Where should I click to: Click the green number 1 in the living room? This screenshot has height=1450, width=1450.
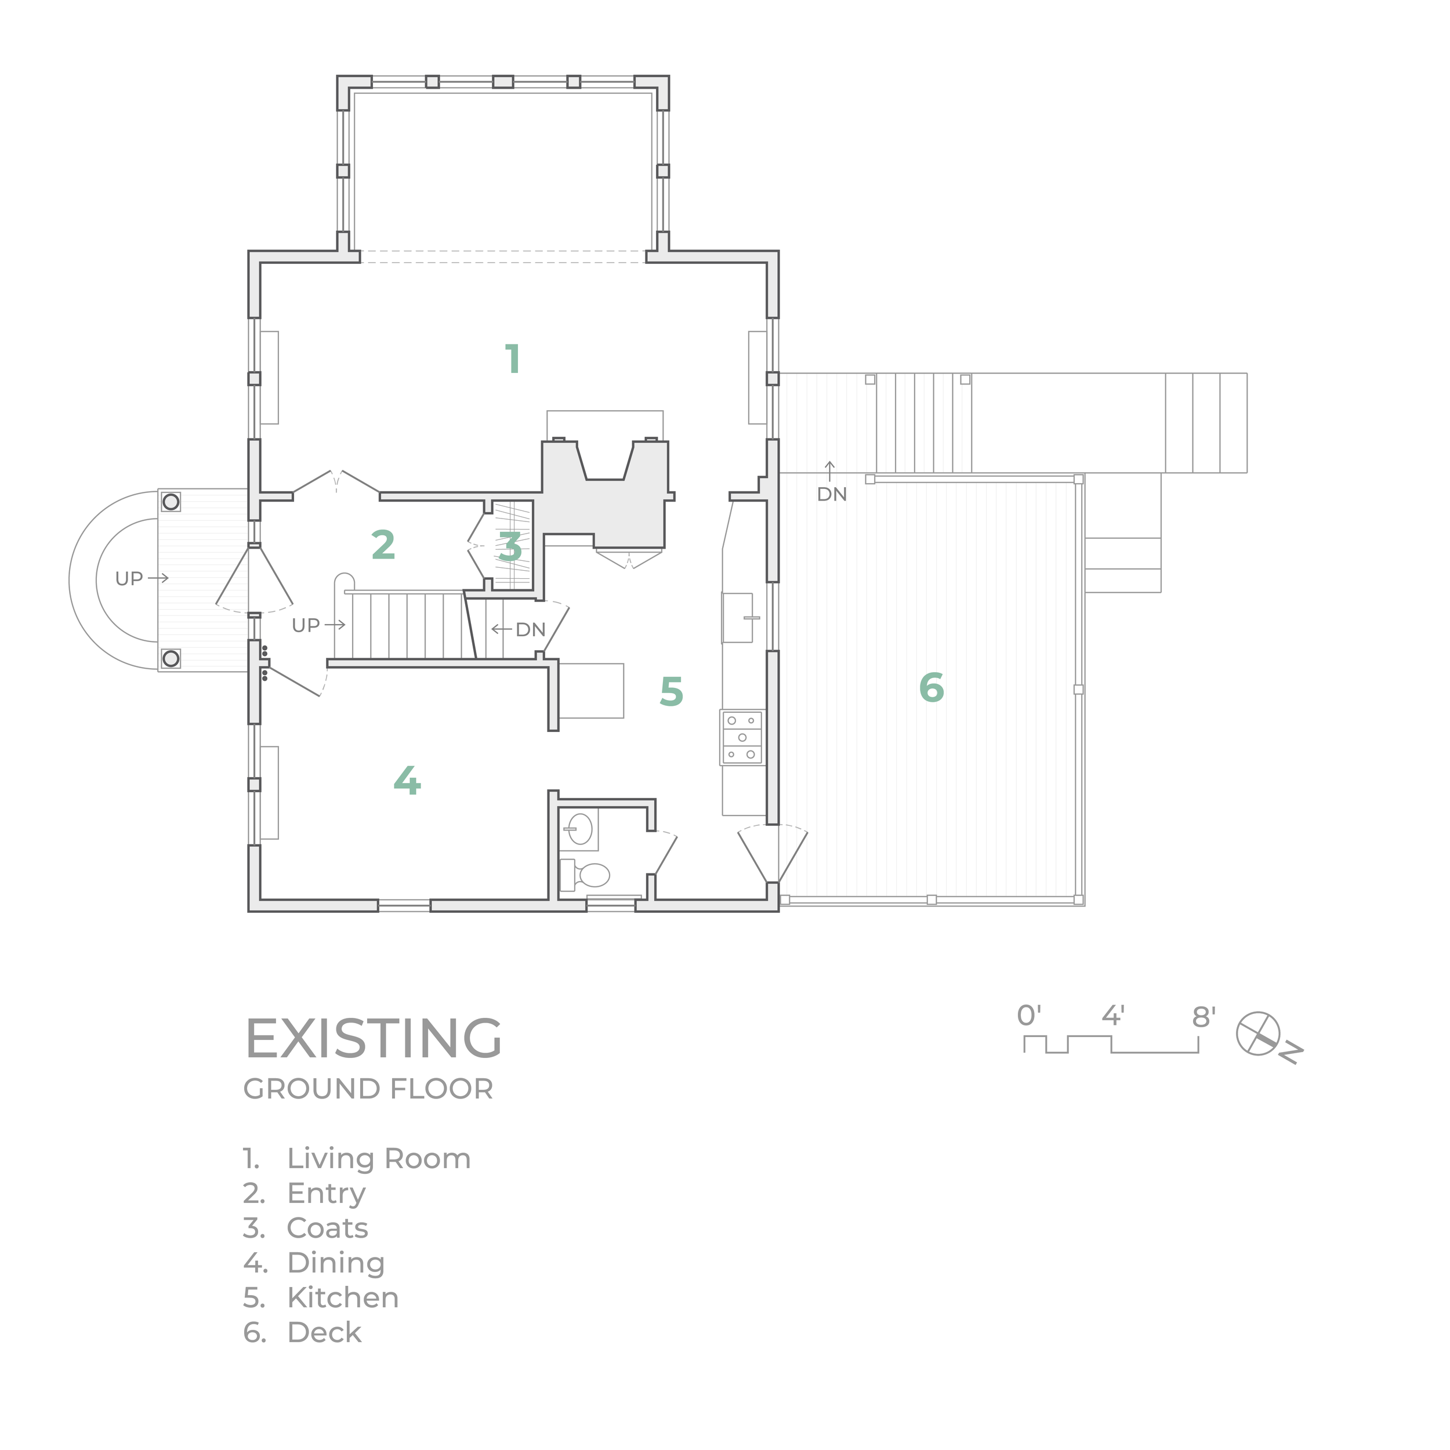513,359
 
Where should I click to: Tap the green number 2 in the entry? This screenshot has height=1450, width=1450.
383,546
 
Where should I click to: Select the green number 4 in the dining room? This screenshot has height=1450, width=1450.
407,781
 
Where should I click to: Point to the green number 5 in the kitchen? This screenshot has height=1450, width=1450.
671,692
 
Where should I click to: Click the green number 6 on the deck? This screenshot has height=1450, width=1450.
931,687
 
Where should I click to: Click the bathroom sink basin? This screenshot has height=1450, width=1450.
580,829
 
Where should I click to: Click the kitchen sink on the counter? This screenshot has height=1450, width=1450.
738,618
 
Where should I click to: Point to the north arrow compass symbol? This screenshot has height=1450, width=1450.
1259,1034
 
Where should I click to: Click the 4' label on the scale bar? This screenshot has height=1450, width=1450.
1112,1016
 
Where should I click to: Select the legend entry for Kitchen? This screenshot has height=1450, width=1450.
342,1297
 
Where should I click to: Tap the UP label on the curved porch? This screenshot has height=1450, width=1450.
129,579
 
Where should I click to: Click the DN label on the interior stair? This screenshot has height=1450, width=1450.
531,630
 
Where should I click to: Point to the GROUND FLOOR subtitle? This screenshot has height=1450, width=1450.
368,1089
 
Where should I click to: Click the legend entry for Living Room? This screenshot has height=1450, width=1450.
378,1158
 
